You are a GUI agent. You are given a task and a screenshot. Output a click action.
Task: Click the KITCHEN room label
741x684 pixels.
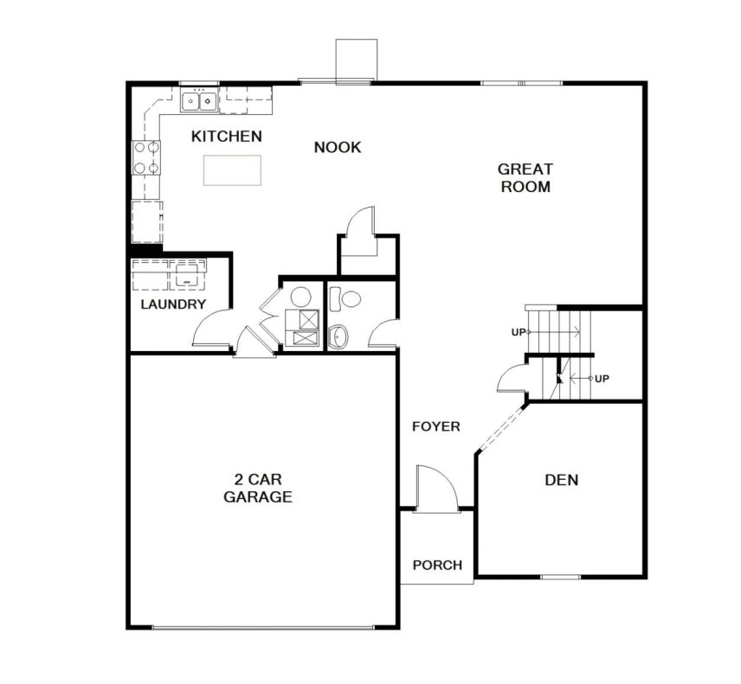[226, 137]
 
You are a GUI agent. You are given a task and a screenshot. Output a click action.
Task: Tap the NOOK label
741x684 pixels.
[338, 147]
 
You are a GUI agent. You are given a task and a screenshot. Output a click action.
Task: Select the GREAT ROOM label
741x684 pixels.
[525, 177]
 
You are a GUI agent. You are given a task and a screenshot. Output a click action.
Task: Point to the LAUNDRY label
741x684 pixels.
[173, 304]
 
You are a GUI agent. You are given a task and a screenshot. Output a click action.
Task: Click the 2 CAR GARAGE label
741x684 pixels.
[258, 488]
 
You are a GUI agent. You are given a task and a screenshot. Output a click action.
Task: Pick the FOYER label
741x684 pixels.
[435, 426]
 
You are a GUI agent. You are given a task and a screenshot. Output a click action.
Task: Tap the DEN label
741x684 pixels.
[562, 480]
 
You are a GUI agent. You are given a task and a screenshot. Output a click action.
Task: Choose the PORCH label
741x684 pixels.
[437, 565]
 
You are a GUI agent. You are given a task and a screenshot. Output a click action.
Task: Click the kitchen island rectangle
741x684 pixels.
[232, 170]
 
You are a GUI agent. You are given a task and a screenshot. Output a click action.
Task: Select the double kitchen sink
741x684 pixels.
[199, 101]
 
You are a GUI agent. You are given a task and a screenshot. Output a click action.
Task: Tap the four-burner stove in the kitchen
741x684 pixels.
[145, 157]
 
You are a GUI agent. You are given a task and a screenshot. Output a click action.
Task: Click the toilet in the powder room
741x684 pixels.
[345, 299]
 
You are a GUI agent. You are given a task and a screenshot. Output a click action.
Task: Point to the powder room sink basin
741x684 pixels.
[338, 336]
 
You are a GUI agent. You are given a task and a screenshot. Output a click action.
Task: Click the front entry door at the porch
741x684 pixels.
[436, 489]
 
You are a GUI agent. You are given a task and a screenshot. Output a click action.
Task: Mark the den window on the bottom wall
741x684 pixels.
[560, 577]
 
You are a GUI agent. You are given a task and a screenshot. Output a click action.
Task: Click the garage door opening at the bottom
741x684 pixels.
[263, 627]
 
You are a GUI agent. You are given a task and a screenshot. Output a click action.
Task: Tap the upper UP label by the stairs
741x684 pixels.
[519, 332]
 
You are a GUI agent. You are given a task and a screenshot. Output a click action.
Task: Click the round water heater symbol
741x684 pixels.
[300, 297]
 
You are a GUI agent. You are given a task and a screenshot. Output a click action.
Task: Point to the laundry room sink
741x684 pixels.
[188, 275]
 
